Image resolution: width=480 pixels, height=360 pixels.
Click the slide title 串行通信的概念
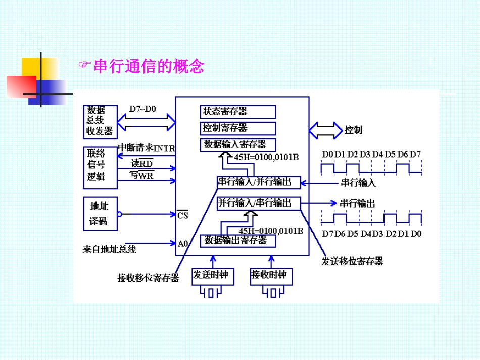[149, 66]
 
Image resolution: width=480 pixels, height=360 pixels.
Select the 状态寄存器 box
[238, 112]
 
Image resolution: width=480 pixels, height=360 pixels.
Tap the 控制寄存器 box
[238, 128]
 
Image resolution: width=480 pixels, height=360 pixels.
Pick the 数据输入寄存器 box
[238, 144]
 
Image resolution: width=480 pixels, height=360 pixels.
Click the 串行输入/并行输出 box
[258, 182]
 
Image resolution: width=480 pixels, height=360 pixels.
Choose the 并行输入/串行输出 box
[258, 203]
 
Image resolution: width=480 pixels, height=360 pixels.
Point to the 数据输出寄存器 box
[238, 241]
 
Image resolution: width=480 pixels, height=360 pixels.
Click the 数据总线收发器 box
[100, 122]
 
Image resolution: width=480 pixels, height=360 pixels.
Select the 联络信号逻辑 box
[100, 165]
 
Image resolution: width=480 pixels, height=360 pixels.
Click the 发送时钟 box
[211, 275]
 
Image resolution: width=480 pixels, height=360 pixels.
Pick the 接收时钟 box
[269, 275]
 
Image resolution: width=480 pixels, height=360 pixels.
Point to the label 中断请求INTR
[146, 148]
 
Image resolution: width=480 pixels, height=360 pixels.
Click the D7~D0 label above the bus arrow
[142, 109]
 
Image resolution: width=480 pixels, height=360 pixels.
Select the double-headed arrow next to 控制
[325, 130]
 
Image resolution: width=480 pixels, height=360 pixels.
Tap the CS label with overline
[182, 215]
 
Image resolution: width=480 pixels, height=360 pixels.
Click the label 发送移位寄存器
[353, 261]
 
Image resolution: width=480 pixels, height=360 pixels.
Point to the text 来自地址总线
[109, 249]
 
